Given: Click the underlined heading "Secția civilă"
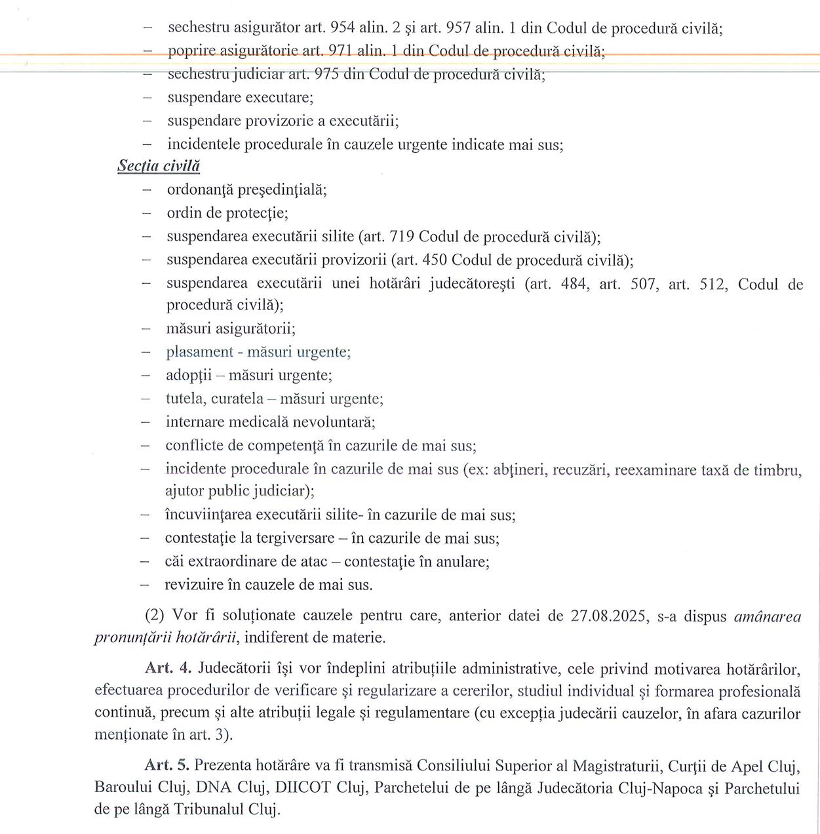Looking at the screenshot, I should [x=159, y=167].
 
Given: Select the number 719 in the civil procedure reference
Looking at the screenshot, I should [x=402, y=237].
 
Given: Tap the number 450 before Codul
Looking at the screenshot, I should [x=435, y=260].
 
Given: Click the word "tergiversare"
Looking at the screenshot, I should [x=295, y=538].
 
